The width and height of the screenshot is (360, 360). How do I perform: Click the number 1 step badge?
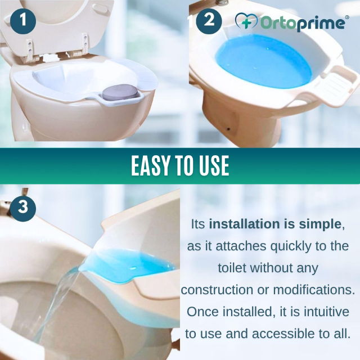[23, 21]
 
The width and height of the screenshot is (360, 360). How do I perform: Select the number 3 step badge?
[23, 207]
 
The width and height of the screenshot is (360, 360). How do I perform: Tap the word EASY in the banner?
[154, 165]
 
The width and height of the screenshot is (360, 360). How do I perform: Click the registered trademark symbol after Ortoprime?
[347, 17]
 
